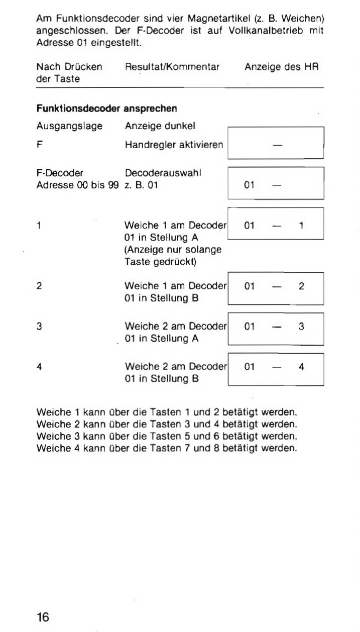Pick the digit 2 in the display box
(301, 286)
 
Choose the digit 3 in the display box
(301, 327)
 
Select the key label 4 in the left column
(39, 367)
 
